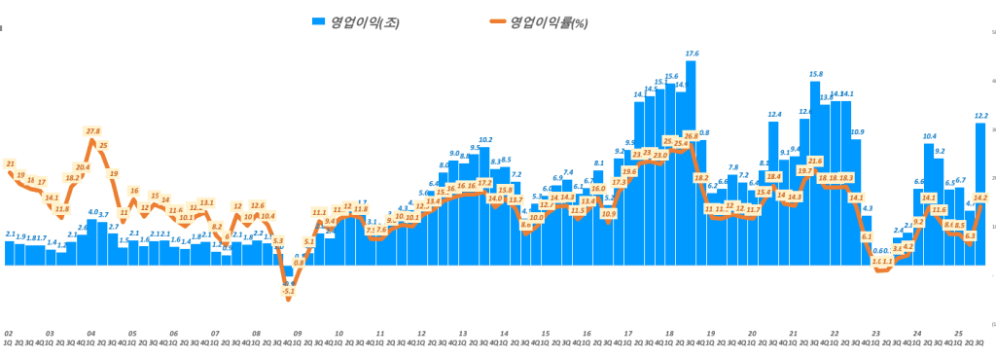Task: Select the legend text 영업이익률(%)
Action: point(550,22)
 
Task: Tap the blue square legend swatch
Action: point(318,21)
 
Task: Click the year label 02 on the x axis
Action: point(8,333)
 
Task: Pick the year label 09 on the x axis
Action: point(298,333)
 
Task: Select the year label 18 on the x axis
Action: point(669,333)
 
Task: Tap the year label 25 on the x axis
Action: point(959,333)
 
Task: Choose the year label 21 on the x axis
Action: point(794,333)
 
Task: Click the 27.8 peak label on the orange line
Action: point(92,131)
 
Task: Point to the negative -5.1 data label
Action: point(288,291)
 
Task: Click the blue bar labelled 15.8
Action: point(815,175)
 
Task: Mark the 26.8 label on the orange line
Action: point(692,137)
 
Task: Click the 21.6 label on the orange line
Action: point(815,161)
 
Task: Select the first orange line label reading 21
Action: point(10,163)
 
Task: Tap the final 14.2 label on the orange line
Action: point(980,198)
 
